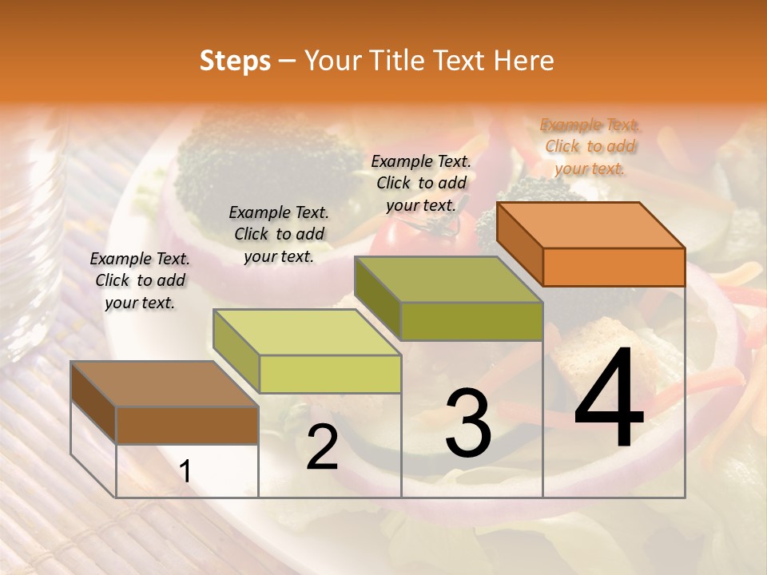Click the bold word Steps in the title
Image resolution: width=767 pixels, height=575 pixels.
tap(235, 61)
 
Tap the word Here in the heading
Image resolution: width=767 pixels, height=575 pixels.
tap(523, 61)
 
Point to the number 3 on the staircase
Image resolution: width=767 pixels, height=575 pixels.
tap(468, 423)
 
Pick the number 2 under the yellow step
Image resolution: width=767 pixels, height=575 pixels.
tap(322, 447)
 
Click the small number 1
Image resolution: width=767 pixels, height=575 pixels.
tap(185, 471)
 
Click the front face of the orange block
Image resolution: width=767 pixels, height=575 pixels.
tap(614, 267)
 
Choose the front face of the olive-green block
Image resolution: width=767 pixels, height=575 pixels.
tap(471, 321)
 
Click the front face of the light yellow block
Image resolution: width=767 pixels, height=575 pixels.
tap(330, 374)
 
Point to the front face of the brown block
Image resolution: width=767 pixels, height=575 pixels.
tap(187, 425)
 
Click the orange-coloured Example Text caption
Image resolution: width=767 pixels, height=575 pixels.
tap(590, 146)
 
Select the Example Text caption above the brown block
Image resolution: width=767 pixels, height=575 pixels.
tap(140, 280)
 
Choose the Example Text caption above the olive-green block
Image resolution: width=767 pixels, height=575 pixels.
tap(421, 183)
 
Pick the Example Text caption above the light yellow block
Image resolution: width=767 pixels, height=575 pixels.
tap(279, 234)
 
